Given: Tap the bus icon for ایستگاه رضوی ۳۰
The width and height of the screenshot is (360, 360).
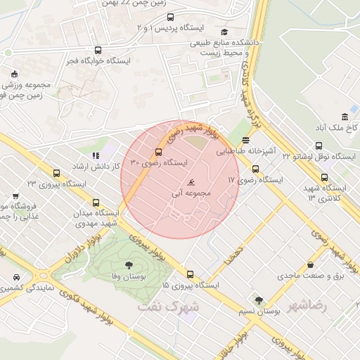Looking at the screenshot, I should pyautogui.click(x=158, y=153).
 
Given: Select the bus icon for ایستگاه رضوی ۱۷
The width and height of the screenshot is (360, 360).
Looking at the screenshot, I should pyautogui.click(x=255, y=169).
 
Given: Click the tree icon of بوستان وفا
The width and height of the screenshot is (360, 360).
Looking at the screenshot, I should pyautogui.click(x=128, y=264).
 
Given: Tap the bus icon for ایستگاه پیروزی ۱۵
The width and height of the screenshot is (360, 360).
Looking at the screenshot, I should pyautogui.click(x=190, y=274).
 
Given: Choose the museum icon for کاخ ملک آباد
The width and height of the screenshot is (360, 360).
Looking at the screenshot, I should pyautogui.click(x=345, y=117).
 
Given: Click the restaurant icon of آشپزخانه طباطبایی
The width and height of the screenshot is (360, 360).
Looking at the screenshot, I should pyautogui.click(x=245, y=140).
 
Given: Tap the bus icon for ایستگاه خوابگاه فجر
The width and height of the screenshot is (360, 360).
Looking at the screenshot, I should pyautogui.click(x=97, y=50).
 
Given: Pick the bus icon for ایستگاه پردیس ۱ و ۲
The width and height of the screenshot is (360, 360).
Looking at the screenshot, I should pyautogui.click(x=171, y=16).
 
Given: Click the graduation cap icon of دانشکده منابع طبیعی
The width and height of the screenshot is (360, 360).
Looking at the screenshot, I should pyautogui.click(x=224, y=32).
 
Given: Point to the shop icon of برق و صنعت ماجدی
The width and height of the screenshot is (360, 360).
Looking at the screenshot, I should pyautogui.click(x=311, y=265).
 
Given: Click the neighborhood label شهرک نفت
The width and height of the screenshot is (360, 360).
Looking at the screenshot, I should pyautogui.click(x=175, y=307).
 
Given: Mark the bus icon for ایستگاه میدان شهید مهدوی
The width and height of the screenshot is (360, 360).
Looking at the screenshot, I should pyautogui.click(x=96, y=202).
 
